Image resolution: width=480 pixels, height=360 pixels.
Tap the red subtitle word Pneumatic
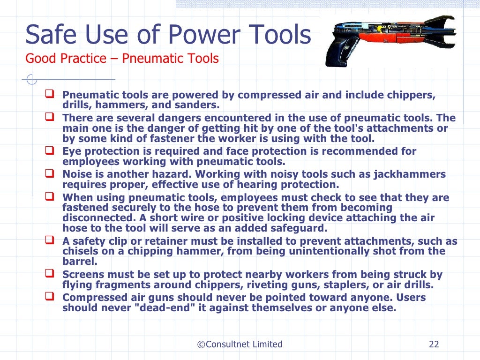(151, 59)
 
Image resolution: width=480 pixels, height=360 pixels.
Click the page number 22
(434, 345)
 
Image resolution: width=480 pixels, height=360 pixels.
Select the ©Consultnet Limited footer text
(240, 345)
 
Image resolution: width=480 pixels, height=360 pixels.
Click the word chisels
(80, 252)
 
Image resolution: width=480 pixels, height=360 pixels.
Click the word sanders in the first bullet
(199, 105)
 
